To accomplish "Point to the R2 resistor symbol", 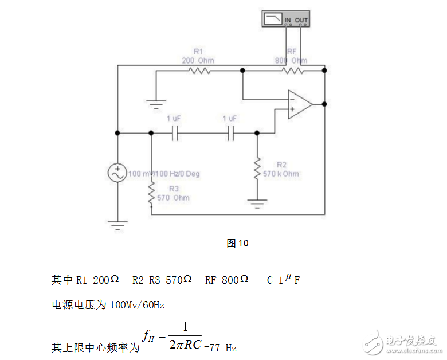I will pyautogui.click(x=257, y=168).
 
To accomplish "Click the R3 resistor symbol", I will pyautogui.click(x=151, y=194).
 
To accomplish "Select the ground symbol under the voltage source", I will pyautogui.click(x=117, y=225).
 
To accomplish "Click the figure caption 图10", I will pyautogui.click(x=237, y=243).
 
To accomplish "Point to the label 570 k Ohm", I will pyautogui.click(x=280, y=173).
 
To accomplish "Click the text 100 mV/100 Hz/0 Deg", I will pyautogui.click(x=164, y=174).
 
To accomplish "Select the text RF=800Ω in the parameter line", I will pyautogui.click(x=226, y=280).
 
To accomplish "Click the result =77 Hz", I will pyautogui.click(x=220, y=347).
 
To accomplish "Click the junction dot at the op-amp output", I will pyautogui.click(x=325, y=104).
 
